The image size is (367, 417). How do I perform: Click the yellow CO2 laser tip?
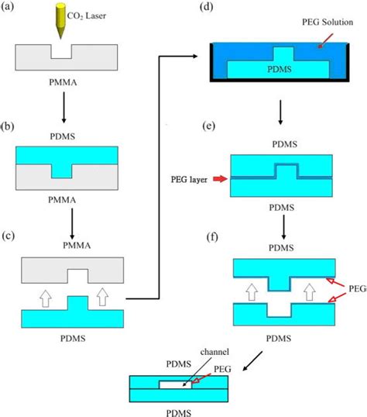tap(60, 21)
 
